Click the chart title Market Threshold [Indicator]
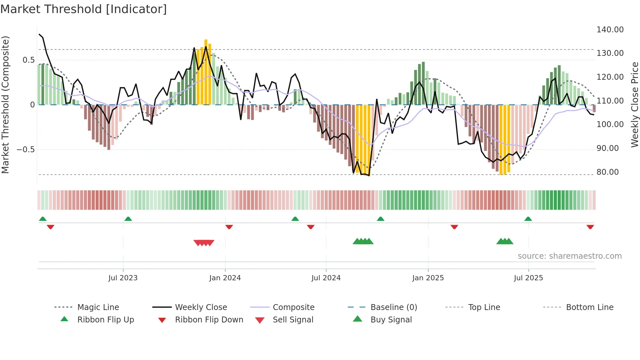(84, 9)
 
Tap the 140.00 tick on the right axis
(610, 30)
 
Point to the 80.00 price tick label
(607, 172)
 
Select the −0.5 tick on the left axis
(25, 150)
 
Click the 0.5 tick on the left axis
(28, 60)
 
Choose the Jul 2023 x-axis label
(123, 278)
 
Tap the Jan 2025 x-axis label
(428, 278)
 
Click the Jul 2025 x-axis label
(528, 278)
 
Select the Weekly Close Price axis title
(634, 105)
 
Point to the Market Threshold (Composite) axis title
(5, 105)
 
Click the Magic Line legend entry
(98, 307)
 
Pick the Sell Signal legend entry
(293, 320)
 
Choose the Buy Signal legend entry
(391, 320)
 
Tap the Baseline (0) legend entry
(393, 307)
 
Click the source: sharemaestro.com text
(569, 256)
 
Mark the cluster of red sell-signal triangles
(204, 243)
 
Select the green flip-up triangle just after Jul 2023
(128, 219)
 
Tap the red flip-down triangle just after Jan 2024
(229, 227)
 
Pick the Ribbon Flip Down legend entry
(209, 320)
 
